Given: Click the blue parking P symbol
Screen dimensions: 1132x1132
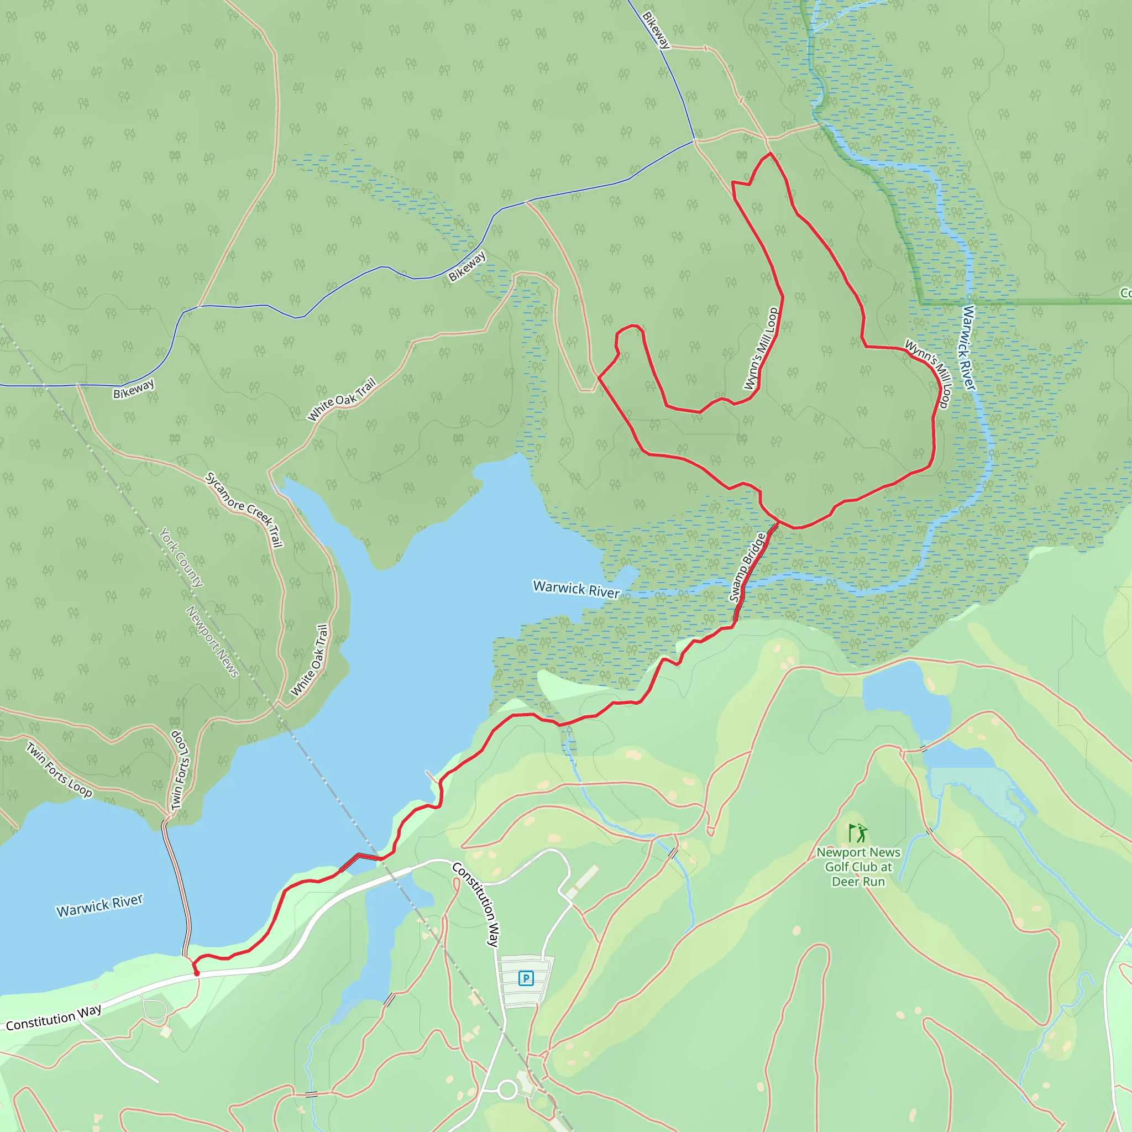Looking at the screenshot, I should (x=526, y=978).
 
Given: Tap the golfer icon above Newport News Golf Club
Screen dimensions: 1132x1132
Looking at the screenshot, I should (x=858, y=833).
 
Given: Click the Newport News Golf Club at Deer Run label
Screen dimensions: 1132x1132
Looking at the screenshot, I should (x=858, y=867).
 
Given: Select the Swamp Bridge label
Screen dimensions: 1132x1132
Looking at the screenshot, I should (x=747, y=567).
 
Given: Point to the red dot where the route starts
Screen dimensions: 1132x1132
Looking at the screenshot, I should (x=197, y=973).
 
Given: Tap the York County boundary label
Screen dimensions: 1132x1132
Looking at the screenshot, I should (x=182, y=557).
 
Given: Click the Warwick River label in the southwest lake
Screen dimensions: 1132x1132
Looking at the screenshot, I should (x=99, y=906).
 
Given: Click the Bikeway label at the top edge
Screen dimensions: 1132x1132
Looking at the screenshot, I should (x=656, y=30).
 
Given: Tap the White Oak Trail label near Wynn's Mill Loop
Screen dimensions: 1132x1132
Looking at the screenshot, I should (x=342, y=399).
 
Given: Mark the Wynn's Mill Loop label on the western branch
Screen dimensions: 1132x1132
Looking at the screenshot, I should (x=761, y=349).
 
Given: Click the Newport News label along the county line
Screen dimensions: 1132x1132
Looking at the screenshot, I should (x=212, y=642).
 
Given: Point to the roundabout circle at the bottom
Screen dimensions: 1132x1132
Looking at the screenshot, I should (x=507, y=1091).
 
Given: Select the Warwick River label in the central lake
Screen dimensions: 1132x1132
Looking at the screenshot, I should (x=576, y=589).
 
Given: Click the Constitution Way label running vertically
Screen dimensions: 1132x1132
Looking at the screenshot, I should (x=476, y=904).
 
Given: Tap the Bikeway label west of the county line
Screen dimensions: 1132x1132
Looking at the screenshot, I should (x=134, y=389).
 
